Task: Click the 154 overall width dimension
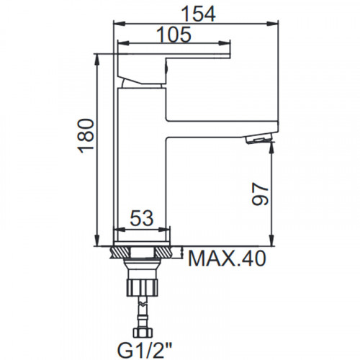pos(199,14)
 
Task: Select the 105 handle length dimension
pos(174,35)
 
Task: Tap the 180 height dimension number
pos(86,135)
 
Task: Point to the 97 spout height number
pos(260,194)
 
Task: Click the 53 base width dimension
pos(142,218)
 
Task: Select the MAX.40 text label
pos(227,258)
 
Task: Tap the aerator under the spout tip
pos(258,139)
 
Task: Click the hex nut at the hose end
pos(143,333)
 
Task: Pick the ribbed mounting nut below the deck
pos(143,287)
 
